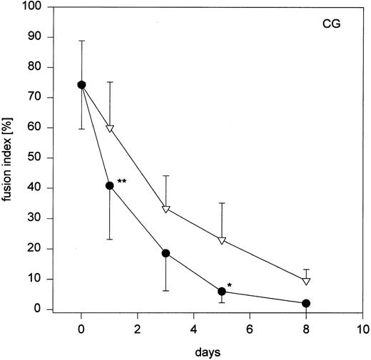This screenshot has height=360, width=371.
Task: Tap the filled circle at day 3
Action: tap(166, 253)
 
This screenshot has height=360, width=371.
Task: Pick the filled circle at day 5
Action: tap(222, 291)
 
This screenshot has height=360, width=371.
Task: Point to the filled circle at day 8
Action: tap(306, 303)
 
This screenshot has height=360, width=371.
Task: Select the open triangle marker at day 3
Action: tap(166, 209)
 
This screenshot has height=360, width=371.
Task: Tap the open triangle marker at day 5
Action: tap(222, 240)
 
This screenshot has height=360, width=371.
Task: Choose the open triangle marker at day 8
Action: tap(306, 281)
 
